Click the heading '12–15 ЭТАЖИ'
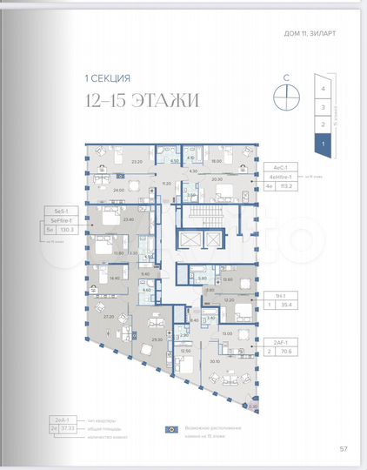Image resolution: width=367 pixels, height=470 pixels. pos(143,101)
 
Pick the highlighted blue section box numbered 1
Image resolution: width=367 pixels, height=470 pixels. pos(323,142)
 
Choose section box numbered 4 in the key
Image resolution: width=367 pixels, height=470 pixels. pos(323,89)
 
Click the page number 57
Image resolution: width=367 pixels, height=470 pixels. pos(343,449)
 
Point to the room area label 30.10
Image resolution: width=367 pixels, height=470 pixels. pos(215,363)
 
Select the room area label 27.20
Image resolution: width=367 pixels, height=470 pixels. pos(110,318)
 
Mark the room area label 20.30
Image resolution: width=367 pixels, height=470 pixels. pos(217,179)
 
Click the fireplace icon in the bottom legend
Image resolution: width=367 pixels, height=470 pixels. pos(172,430)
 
